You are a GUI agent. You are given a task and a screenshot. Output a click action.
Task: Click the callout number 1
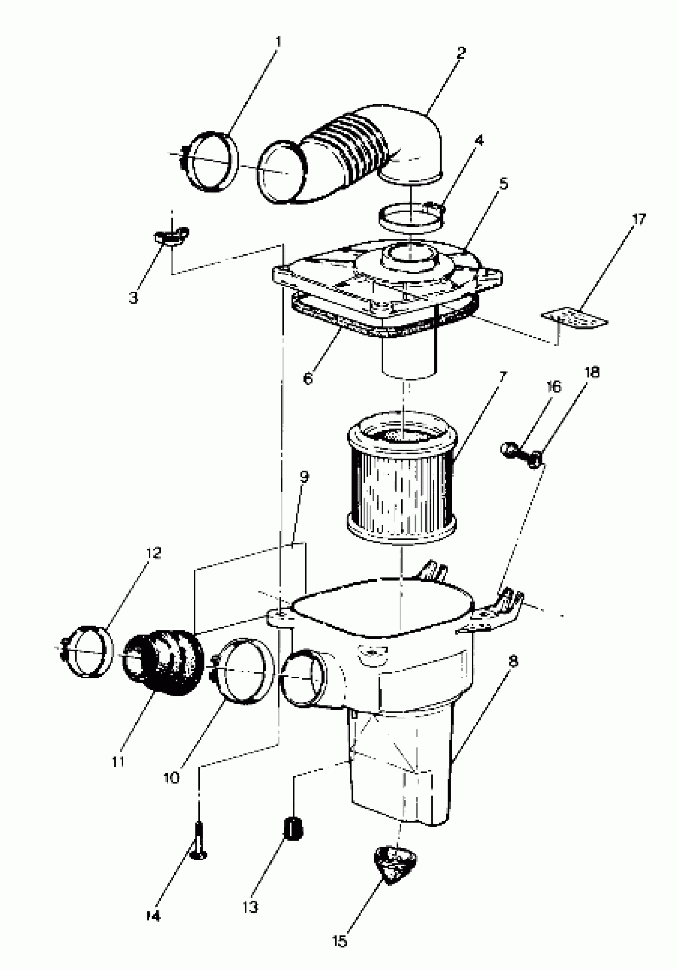tap(278, 43)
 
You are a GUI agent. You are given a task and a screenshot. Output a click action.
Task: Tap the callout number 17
tap(639, 220)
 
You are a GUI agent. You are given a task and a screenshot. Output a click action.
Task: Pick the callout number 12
tap(154, 553)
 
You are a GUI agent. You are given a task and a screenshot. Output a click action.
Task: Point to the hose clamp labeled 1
tap(211, 162)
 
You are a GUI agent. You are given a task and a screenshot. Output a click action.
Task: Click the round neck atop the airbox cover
tap(409, 258)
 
